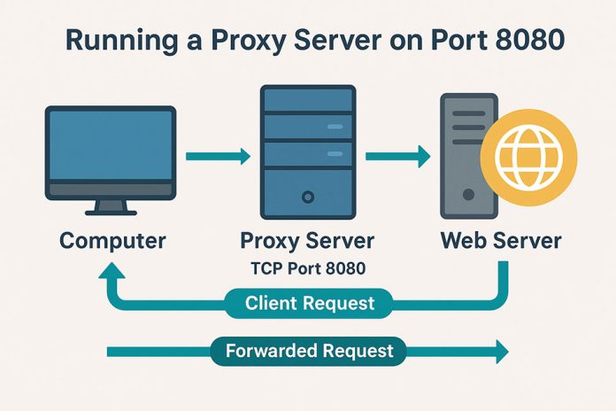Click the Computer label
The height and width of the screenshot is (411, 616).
point(113,240)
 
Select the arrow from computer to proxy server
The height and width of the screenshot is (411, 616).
point(218,158)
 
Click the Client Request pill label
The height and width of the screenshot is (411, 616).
point(310,303)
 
